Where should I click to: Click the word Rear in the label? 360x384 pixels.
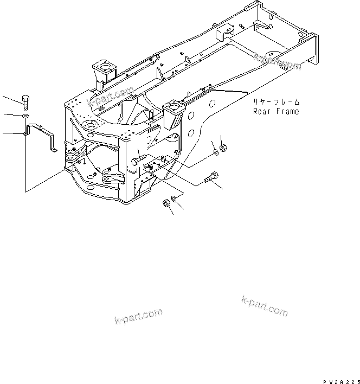tap(262, 111)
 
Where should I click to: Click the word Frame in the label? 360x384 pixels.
tap(287, 111)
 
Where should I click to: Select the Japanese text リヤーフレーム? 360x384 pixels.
tap(275, 102)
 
